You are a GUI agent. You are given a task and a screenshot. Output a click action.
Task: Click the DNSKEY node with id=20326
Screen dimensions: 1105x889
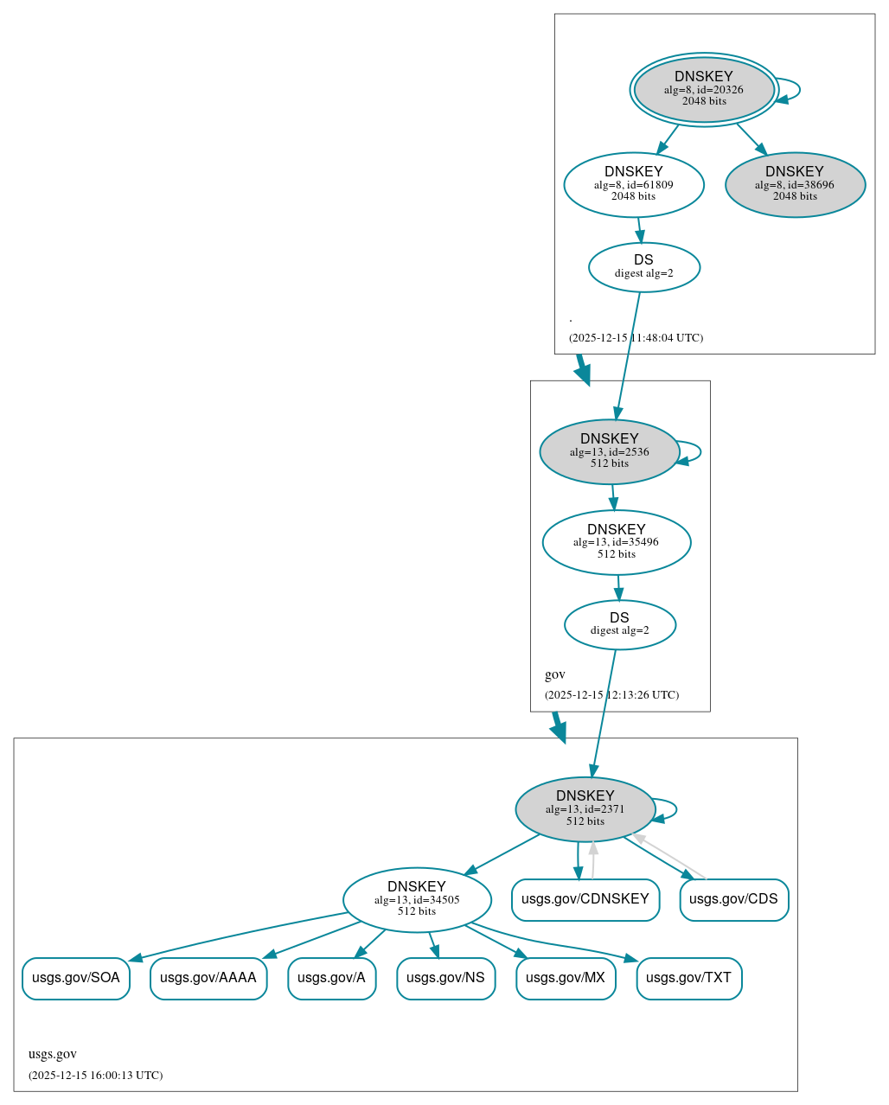(704, 89)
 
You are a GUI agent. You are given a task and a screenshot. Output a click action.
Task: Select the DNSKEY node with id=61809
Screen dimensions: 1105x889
(634, 184)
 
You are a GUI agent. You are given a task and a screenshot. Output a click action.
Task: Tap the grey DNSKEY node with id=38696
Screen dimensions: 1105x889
(795, 184)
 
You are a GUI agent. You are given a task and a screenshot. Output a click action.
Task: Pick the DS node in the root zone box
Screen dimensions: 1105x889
(644, 267)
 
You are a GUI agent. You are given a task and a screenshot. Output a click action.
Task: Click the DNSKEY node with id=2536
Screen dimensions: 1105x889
(610, 451)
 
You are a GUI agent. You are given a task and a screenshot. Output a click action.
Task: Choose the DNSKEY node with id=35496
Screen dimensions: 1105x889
(617, 542)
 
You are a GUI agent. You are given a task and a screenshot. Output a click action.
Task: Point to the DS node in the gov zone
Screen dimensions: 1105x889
(620, 624)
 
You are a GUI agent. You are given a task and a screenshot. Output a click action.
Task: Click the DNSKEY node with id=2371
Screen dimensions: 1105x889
(585, 809)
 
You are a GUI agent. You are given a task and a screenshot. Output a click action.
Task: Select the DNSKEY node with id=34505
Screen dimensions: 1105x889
(417, 900)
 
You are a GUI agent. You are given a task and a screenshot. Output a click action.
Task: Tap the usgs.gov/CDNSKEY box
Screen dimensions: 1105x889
(585, 899)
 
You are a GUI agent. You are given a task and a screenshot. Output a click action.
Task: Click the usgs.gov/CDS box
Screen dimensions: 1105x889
(733, 899)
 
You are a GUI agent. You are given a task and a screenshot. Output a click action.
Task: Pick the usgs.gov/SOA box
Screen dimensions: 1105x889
(76, 978)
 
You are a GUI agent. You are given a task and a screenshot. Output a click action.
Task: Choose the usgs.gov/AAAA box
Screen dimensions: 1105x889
(208, 978)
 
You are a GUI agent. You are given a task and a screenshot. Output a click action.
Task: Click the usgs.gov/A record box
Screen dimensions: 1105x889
(331, 978)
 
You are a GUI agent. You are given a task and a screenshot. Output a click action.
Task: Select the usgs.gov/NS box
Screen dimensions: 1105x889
(445, 978)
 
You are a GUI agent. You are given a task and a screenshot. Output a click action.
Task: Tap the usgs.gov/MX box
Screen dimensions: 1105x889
(566, 978)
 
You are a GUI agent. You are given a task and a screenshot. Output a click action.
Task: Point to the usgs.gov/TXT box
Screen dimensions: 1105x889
(688, 978)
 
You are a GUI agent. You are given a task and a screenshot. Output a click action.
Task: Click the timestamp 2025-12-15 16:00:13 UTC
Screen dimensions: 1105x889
(95, 1076)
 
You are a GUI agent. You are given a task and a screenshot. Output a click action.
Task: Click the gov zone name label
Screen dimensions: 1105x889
(555, 674)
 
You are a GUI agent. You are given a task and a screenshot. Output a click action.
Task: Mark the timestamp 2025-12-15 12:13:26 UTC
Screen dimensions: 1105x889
(611, 695)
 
